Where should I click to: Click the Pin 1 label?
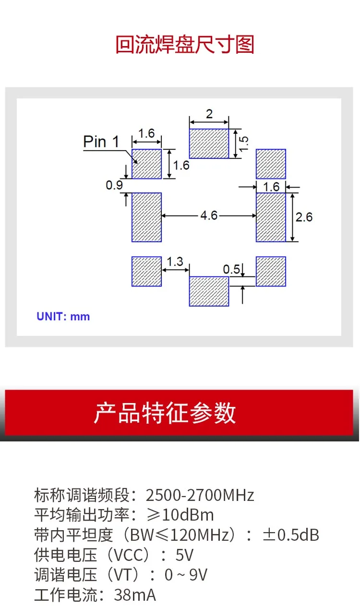click(x=101, y=141)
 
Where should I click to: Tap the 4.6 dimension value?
click(x=209, y=215)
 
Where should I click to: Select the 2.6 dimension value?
click(x=304, y=217)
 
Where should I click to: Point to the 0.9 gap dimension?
click(x=114, y=185)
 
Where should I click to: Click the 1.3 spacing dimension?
click(x=175, y=261)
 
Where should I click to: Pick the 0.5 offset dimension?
click(x=231, y=270)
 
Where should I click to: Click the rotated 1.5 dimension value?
click(x=244, y=143)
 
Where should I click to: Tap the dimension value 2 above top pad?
click(x=209, y=114)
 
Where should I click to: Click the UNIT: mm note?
click(x=63, y=316)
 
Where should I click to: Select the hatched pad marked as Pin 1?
click(x=146, y=164)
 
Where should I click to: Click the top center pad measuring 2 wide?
click(x=209, y=143)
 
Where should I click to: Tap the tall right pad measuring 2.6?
click(x=271, y=217)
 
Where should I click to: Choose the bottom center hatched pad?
click(x=209, y=291)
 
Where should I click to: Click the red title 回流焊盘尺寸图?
click(x=185, y=44)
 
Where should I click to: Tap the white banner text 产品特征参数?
click(x=165, y=413)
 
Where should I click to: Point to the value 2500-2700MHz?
click(x=200, y=495)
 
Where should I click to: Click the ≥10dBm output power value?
click(x=180, y=514)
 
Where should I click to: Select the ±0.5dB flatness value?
click(x=291, y=535)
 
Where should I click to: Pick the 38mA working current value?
click(x=135, y=595)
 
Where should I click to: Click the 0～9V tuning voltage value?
click(x=186, y=575)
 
